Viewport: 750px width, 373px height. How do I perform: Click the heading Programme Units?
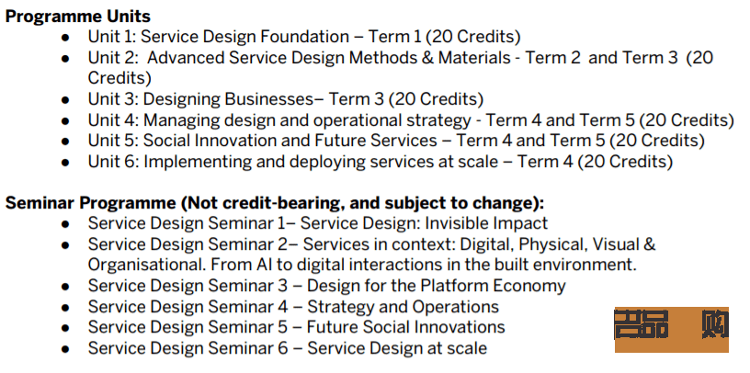(78, 17)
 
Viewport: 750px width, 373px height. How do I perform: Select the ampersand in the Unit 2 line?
(426, 58)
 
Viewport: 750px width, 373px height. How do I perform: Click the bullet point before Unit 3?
(65, 100)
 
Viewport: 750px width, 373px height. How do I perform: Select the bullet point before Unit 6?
(65, 163)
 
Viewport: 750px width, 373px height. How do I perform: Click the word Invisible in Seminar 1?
(456, 223)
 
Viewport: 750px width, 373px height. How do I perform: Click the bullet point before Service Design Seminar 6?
(65, 349)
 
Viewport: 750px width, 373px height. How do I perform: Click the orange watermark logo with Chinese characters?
(672, 330)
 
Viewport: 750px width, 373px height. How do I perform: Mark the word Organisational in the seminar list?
(146, 265)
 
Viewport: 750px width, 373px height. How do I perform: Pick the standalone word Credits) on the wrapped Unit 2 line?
(119, 78)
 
